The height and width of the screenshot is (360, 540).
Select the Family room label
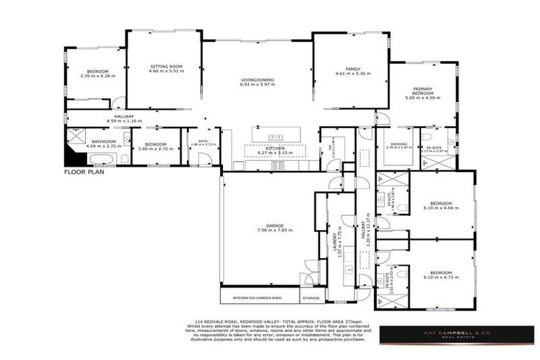[x=352, y=68]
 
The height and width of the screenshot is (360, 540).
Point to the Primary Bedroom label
[x=422, y=91]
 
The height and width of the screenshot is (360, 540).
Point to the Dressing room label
[x=398, y=144]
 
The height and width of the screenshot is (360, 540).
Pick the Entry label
[x=204, y=141]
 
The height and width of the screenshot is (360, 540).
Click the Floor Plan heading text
[x=84, y=172]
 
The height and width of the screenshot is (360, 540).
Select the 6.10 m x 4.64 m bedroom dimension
[x=441, y=208]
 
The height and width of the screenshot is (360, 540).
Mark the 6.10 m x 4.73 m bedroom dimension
[x=441, y=277]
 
